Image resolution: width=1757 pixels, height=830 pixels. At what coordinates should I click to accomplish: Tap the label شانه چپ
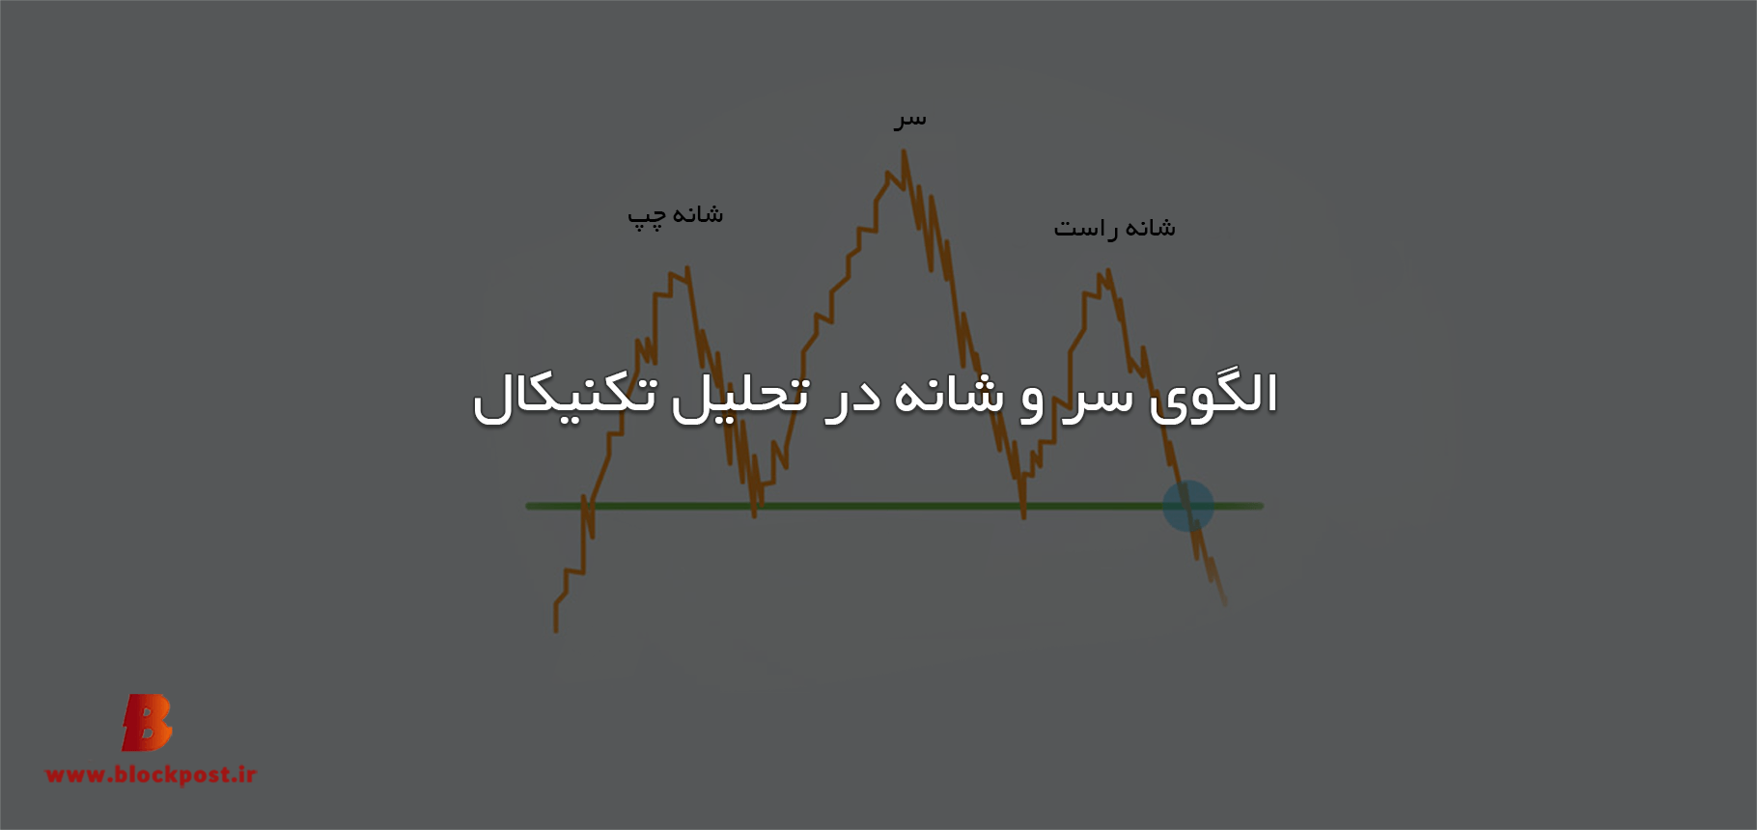pyautogui.click(x=675, y=215)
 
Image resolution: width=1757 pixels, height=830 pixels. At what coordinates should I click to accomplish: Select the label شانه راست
pyautogui.click(x=1114, y=228)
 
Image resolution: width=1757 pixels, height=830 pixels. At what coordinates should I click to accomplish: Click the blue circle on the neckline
pyautogui.click(x=1187, y=506)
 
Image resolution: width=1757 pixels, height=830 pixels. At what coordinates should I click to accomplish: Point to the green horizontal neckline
pyautogui.click(x=894, y=506)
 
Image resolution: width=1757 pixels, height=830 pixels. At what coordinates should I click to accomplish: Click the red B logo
pyautogui.click(x=147, y=722)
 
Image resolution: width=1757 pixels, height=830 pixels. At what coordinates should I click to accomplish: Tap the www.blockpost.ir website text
pyautogui.click(x=151, y=774)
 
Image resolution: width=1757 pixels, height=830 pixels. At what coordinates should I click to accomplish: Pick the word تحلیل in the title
pyautogui.click(x=740, y=396)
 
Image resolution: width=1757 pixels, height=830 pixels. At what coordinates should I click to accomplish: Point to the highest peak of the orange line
pyautogui.click(x=905, y=151)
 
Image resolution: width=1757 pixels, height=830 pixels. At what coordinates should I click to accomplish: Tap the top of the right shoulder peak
pyautogui.click(x=1108, y=270)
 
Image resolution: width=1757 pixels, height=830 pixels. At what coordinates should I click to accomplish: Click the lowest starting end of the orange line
pyautogui.click(x=556, y=631)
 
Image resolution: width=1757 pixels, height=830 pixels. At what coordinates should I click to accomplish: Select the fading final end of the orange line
pyautogui.click(x=1225, y=604)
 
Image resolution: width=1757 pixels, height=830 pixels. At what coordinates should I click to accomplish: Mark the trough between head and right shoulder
pyautogui.click(x=1023, y=517)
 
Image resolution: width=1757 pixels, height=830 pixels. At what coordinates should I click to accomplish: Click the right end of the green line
pyautogui.click(x=1262, y=506)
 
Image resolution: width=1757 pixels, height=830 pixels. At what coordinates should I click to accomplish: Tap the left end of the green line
pyautogui.click(x=527, y=506)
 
